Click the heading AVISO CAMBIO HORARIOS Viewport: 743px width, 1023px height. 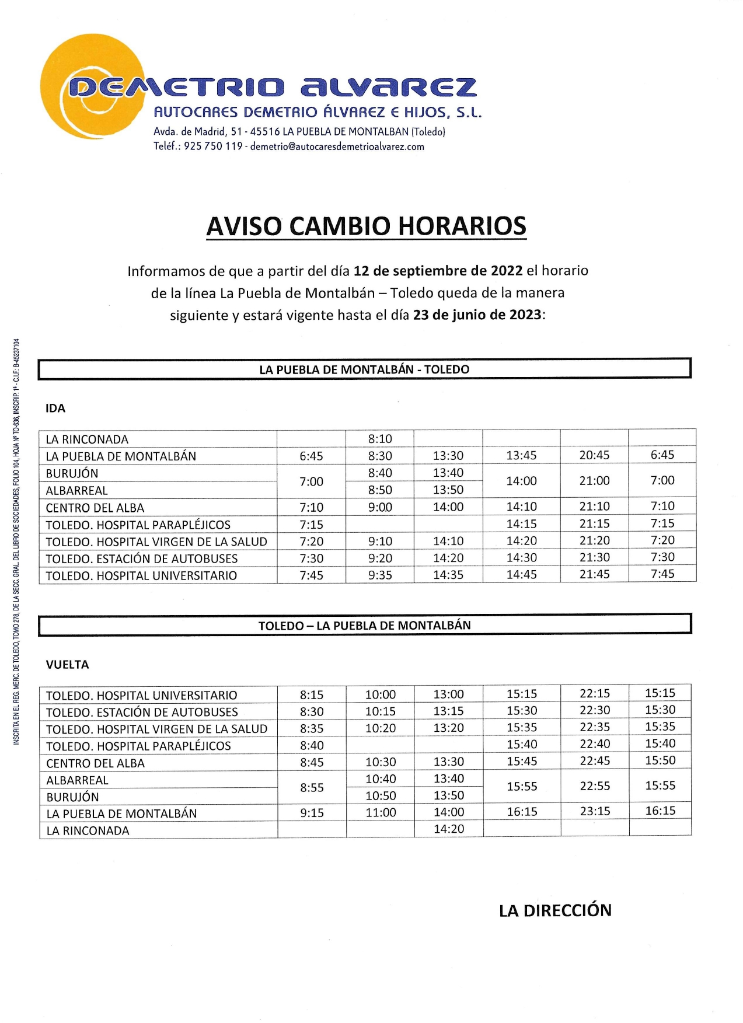pyautogui.click(x=367, y=226)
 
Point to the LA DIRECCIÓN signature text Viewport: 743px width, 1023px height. pyautogui.click(x=555, y=910)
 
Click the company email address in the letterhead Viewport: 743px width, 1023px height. pyautogui.click(x=337, y=146)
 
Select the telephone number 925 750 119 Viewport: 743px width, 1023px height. pyautogui.click(x=213, y=146)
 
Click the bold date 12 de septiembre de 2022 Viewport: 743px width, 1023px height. pyautogui.click(x=438, y=271)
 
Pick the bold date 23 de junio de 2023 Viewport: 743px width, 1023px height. pyautogui.click(x=477, y=315)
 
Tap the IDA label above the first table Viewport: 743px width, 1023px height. pyautogui.click(x=55, y=408)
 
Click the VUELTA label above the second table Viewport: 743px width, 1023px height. pyautogui.click(x=67, y=665)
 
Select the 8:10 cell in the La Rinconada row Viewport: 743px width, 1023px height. pyautogui.click(x=380, y=439)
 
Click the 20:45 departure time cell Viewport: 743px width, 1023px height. pyautogui.click(x=594, y=455)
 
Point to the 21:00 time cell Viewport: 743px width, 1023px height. pyautogui.click(x=594, y=481)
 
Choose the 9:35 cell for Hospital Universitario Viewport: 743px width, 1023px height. pyautogui.click(x=380, y=575)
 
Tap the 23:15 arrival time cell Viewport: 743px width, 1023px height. pyautogui.click(x=595, y=812)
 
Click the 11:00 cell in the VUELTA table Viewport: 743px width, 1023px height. pyautogui.click(x=381, y=812)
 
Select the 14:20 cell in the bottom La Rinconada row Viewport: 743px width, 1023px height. pyautogui.click(x=449, y=829)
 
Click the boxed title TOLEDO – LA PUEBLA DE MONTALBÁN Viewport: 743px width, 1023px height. pyautogui.click(x=364, y=626)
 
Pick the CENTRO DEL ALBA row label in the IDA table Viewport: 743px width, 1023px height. pyautogui.click(x=95, y=508)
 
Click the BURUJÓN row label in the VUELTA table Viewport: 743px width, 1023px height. pyautogui.click(x=72, y=797)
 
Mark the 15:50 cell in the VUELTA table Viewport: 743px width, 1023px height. pyautogui.click(x=660, y=760)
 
